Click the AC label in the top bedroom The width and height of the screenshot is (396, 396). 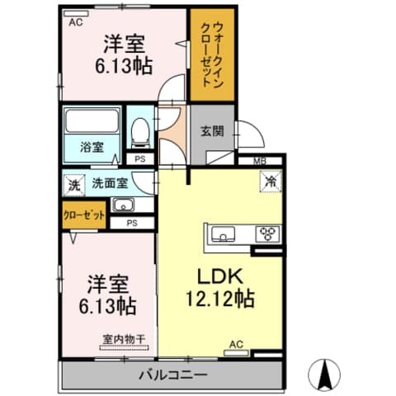coord(75,22)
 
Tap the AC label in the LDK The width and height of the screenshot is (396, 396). coord(235,344)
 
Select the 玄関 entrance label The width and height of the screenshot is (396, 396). coord(210,130)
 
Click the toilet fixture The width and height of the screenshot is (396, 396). coord(141,128)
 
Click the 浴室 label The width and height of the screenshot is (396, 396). coord(92,148)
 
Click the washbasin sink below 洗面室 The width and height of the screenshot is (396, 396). coord(123,205)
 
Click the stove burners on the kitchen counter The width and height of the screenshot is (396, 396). coord(267,233)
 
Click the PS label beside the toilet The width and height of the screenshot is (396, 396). coord(140,159)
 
